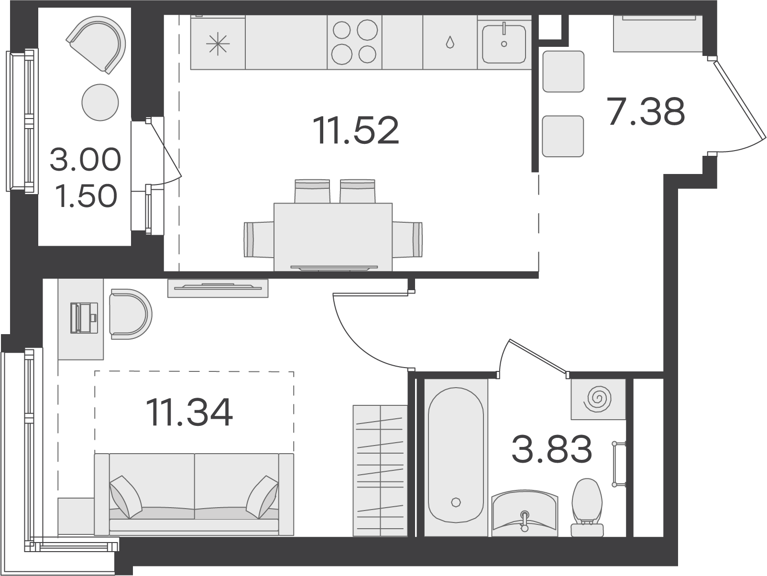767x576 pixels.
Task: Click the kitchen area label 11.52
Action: tap(356, 130)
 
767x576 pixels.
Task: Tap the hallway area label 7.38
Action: tap(646, 111)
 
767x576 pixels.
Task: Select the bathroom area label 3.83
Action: tap(552, 448)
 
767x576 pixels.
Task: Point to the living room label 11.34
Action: tap(189, 413)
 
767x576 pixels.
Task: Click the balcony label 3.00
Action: tap(85, 160)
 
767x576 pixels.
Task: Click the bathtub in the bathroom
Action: tap(456, 456)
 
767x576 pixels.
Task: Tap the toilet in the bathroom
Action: tap(587, 508)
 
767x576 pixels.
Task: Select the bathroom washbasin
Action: tap(525, 514)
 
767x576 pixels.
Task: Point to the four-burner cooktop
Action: tap(355, 42)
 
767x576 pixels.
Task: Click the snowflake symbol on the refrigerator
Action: tap(218, 43)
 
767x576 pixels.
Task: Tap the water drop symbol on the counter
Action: tap(450, 43)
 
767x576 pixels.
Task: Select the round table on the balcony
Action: tap(100, 102)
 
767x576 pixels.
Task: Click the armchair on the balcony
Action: tap(97, 44)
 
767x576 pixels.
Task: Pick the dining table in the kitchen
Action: tap(333, 237)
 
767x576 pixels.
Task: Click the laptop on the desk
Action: tap(84, 318)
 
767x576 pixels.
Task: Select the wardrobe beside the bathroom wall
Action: tap(380, 470)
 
